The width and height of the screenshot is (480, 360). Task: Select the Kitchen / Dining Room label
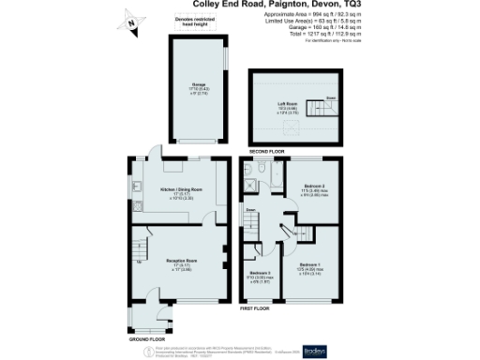coord(182,191)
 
